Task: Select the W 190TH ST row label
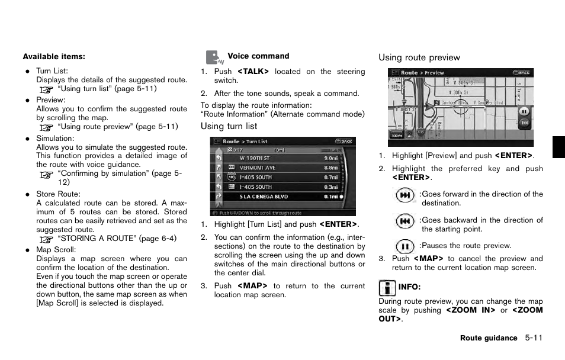tap(255, 158)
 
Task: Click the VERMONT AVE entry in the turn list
tap(258, 168)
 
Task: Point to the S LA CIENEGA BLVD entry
tap(264, 196)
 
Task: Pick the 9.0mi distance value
tap(331, 158)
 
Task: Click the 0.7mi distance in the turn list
tap(331, 177)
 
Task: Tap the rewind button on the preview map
tap(524, 123)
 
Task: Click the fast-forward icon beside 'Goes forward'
tap(405, 195)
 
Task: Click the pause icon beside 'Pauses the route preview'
tap(405, 246)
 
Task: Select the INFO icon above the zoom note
tap(387, 288)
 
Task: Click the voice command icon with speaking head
tap(214, 57)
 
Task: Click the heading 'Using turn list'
tap(229, 126)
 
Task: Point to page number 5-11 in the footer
tap(533, 338)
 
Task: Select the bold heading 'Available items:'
tap(54, 57)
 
